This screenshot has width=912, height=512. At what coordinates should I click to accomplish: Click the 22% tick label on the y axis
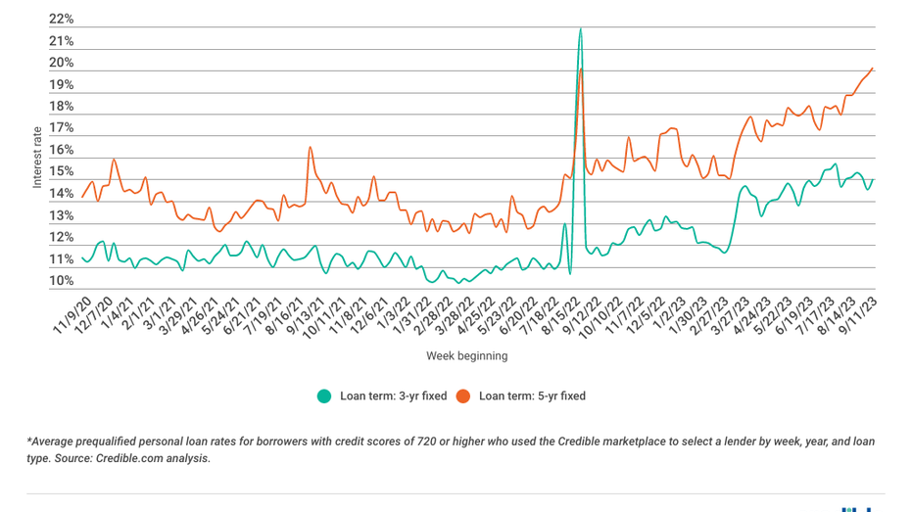tap(61, 20)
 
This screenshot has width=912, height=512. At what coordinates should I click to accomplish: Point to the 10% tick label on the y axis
tap(61, 281)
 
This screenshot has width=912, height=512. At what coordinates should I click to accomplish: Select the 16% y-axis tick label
tap(61, 151)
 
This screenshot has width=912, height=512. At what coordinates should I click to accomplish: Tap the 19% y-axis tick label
tap(61, 85)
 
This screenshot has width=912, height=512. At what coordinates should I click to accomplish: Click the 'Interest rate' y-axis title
tap(37, 157)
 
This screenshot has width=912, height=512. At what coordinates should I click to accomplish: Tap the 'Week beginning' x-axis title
tap(466, 356)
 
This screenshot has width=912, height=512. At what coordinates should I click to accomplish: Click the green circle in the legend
tap(323, 396)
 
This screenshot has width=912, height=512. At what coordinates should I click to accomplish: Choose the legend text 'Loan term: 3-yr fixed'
tap(393, 396)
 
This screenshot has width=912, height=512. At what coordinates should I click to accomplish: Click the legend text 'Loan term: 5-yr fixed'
tap(532, 396)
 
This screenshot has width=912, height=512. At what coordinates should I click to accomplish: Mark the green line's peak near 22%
tap(580, 28)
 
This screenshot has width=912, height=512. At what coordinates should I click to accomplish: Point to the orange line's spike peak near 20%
tap(581, 68)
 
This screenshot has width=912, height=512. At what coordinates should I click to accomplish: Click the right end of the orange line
tap(873, 69)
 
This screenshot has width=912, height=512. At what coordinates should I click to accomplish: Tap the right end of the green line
tap(872, 179)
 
